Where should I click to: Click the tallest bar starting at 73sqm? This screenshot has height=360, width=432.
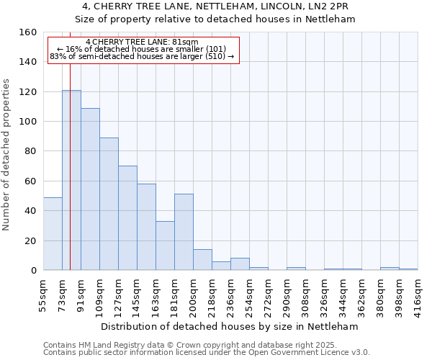(71, 180)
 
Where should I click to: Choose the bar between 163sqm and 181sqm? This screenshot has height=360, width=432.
(165, 246)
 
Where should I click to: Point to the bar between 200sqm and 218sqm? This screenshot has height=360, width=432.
(202, 260)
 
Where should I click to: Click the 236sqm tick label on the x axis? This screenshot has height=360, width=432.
(230, 294)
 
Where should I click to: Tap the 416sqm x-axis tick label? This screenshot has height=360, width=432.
(418, 294)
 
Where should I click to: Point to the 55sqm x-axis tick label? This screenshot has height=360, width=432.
(43, 294)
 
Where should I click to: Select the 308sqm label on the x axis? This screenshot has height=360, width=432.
(305, 294)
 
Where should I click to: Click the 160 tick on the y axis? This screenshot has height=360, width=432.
(28, 32)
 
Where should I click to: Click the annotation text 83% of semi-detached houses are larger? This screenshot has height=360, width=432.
(142, 56)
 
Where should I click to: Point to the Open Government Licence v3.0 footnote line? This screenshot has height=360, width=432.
(207, 353)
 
